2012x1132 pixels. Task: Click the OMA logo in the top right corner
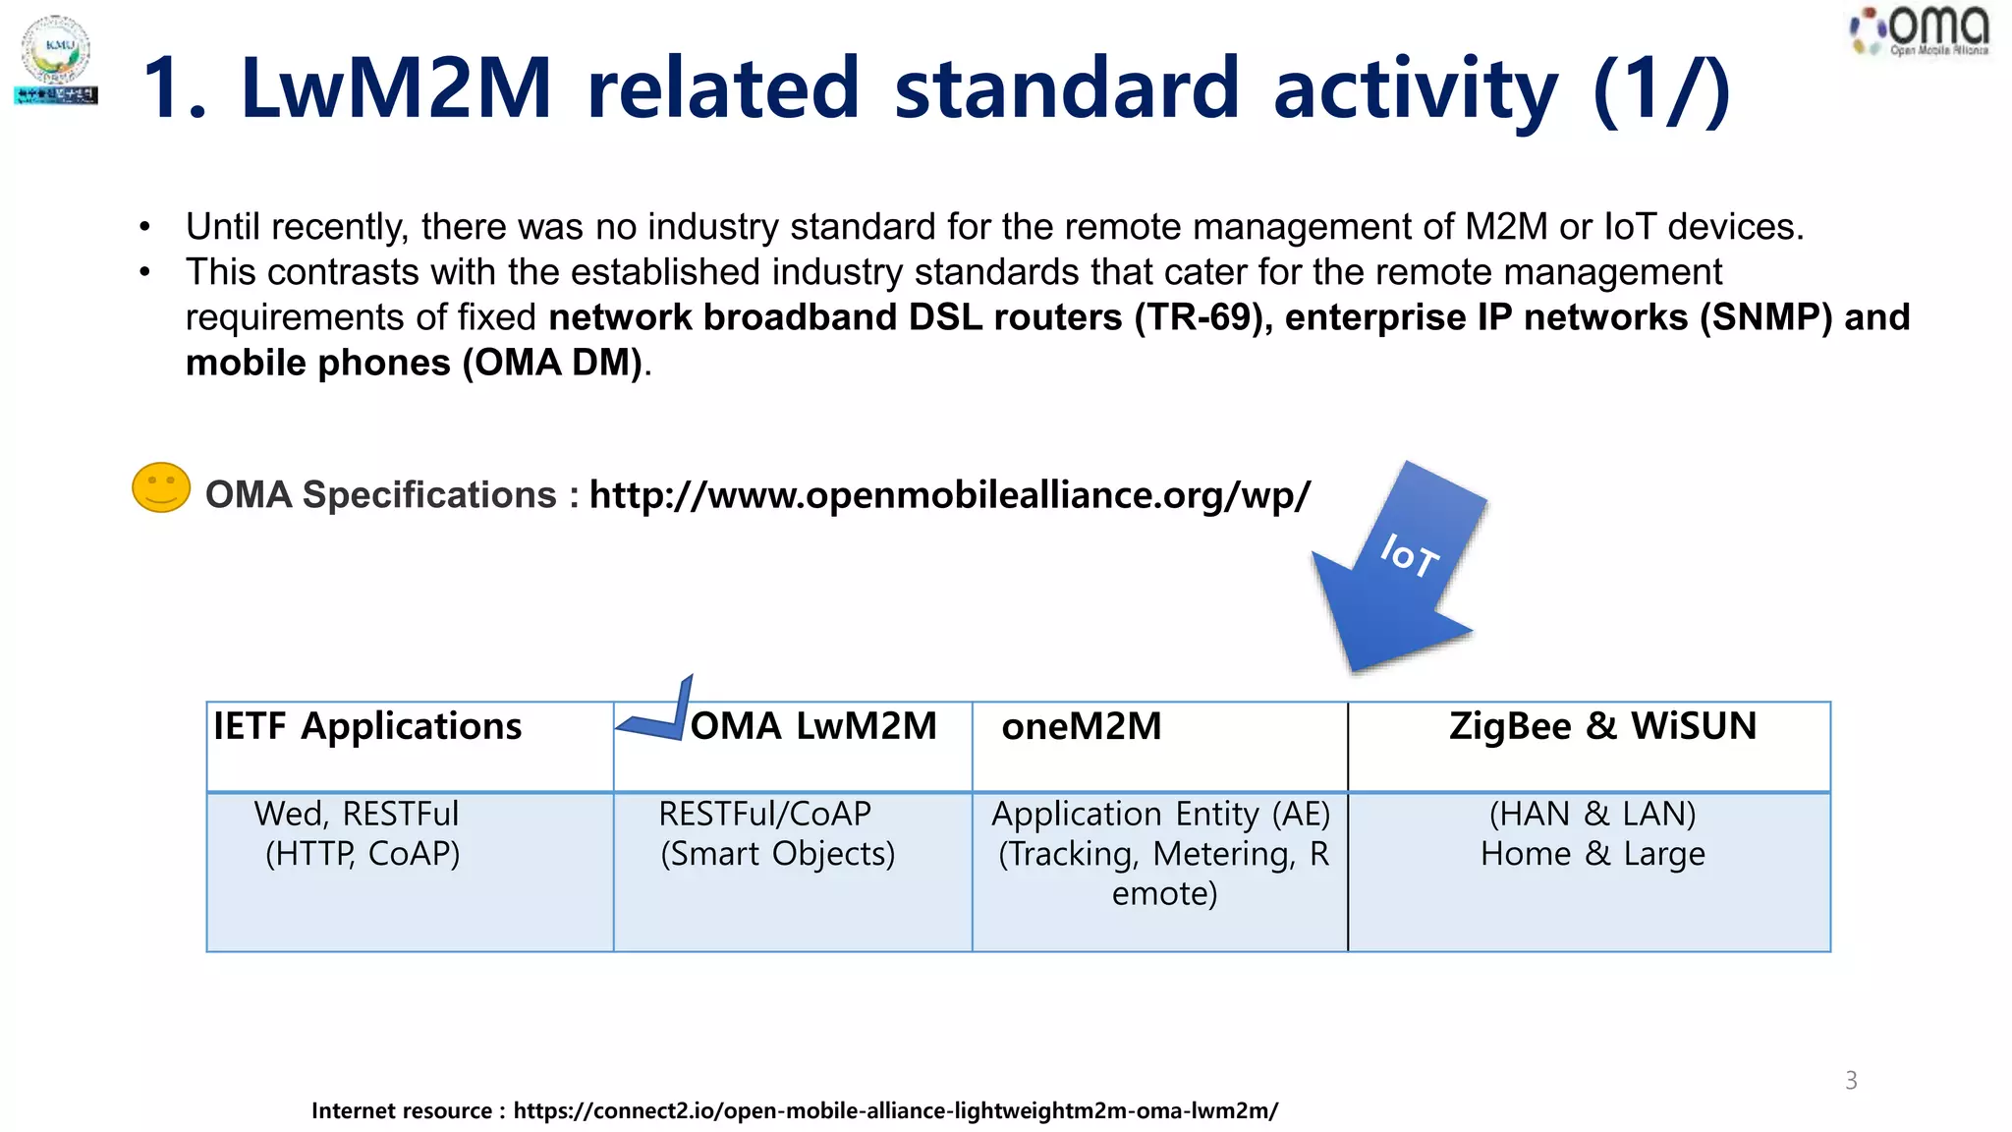[x=1921, y=31]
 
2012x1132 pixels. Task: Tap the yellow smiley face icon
[x=161, y=487]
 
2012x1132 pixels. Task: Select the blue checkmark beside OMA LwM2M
[x=656, y=713]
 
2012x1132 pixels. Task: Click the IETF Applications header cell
[x=367, y=727]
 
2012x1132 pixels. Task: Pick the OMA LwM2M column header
[x=813, y=727]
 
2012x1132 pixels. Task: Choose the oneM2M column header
[x=1081, y=727]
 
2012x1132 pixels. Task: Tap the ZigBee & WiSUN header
[x=1602, y=727]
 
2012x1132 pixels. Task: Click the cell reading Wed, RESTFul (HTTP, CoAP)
[x=360, y=834]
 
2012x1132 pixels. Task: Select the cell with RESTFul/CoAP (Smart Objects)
[x=776, y=834]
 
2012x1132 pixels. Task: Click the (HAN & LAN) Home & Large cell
[x=1593, y=834]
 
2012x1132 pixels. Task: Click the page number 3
[x=1851, y=1080]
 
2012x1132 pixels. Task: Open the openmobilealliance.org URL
[x=949, y=495]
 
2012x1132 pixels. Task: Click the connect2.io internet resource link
[x=895, y=1111]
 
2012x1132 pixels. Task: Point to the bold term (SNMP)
[x=1765, y=317]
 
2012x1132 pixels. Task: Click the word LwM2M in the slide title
[x=396, y=88]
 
